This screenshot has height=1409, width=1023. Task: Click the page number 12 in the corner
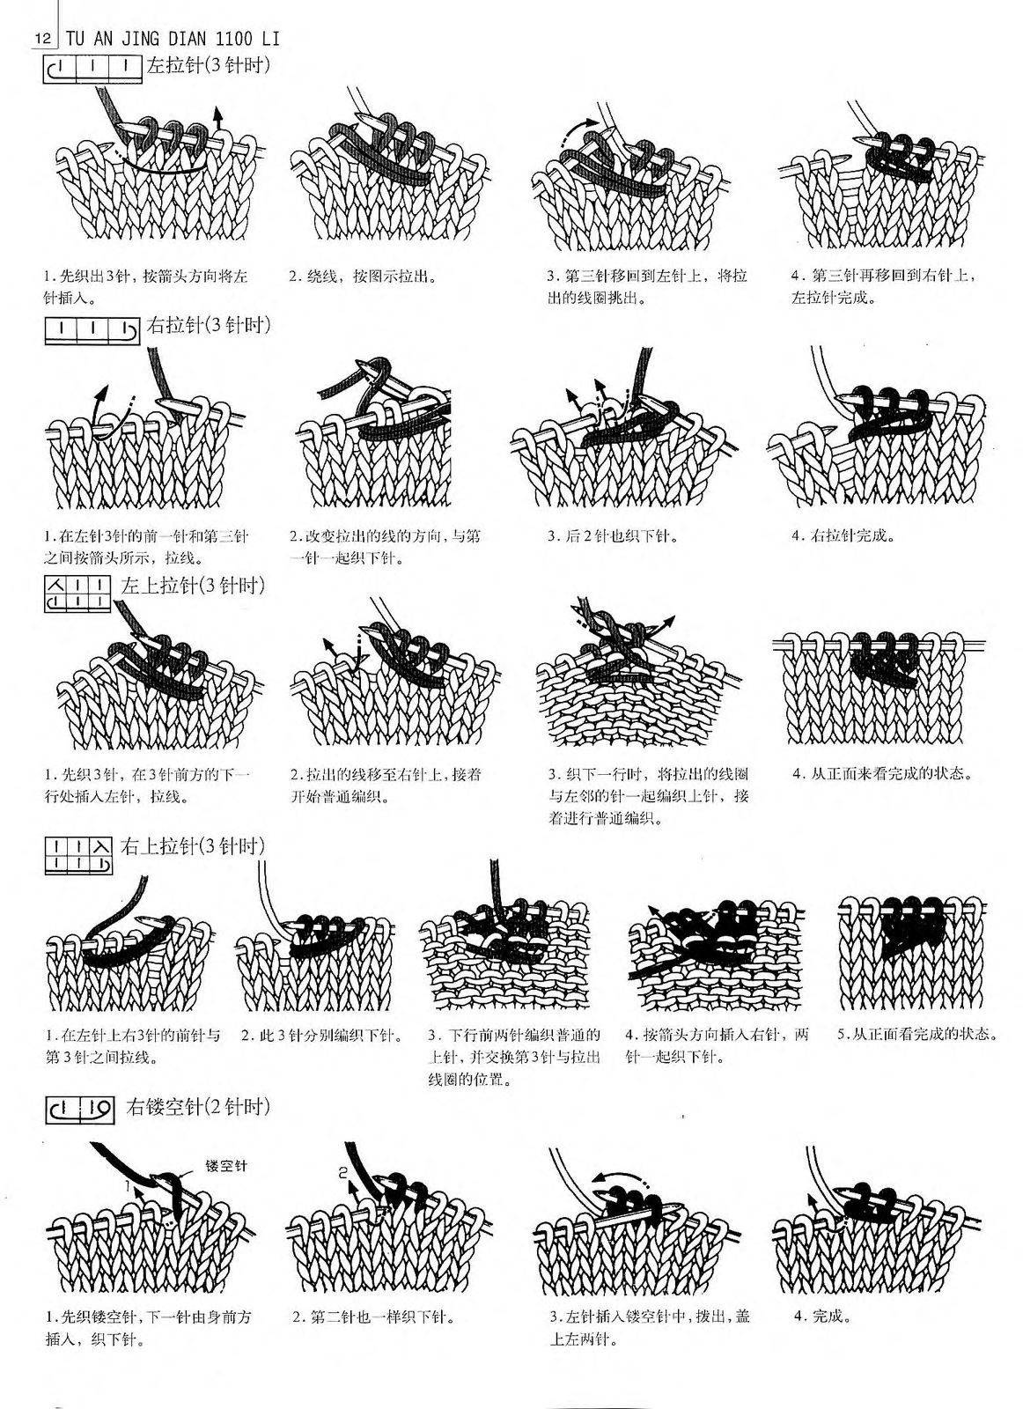[43, 39]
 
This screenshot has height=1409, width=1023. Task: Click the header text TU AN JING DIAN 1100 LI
[173, 39]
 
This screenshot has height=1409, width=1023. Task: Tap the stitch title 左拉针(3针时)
[208, 65]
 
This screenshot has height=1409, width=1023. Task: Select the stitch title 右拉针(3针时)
[208, 325]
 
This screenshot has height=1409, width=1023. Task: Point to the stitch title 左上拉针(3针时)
[193, 586]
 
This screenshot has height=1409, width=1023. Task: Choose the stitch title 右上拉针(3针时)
[193, 846]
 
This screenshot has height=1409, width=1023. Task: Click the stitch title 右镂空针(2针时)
[198, 1106]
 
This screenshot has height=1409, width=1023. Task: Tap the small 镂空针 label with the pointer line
[225, 1165]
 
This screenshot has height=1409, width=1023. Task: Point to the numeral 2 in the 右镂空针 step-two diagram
[342, 1172]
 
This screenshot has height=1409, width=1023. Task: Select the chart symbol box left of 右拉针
[92, 329]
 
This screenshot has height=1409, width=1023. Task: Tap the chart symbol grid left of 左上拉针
[78, 594]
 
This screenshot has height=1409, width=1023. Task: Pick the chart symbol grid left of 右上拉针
[78, 855]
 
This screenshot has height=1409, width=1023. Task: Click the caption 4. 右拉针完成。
[843, 535]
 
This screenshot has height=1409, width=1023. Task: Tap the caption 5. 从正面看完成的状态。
[917, 1034]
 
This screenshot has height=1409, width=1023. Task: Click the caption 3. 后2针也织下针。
[612, 536]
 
